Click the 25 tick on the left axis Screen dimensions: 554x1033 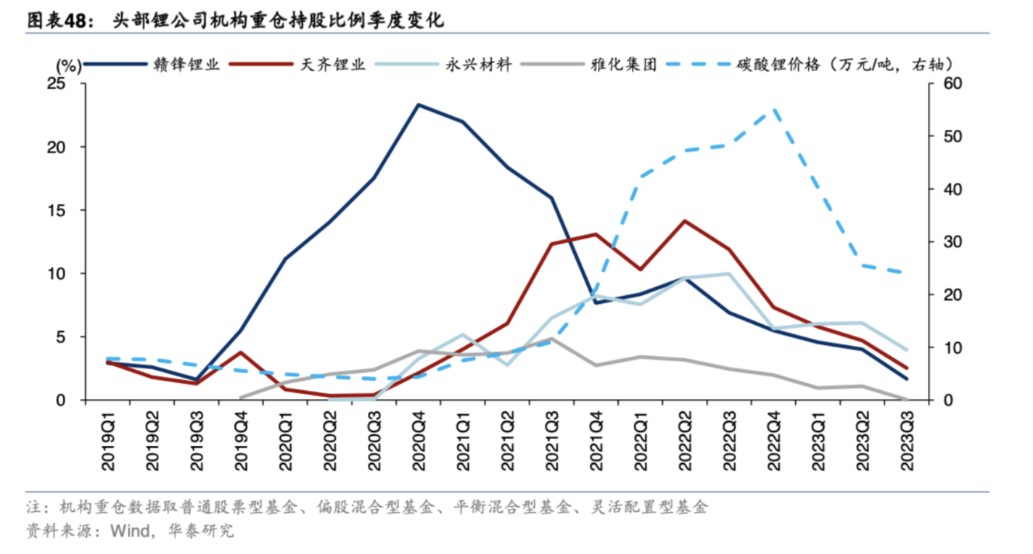click(75, 84)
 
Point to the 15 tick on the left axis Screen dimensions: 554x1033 click(75, 210)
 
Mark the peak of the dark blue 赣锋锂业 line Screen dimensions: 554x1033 click(419, 104)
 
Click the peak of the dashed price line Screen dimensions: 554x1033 click(774, 109)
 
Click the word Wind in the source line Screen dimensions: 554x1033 click(128, 531)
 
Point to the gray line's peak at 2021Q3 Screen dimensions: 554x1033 click(551, 339)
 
